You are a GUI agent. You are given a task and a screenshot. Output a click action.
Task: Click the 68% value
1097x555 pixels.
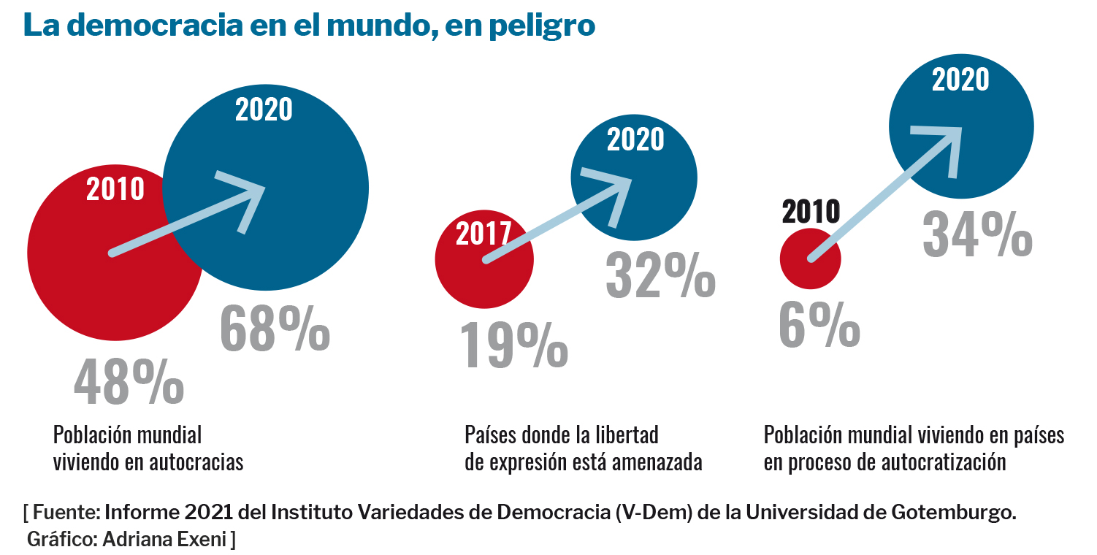coord(275,329)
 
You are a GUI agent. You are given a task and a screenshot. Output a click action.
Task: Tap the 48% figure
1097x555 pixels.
coord(129,383)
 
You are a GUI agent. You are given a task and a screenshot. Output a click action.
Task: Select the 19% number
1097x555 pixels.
coord(513,345)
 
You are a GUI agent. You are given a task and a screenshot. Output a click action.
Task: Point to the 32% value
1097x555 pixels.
coord(660,276)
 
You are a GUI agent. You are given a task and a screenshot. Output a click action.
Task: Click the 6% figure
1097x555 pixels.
coord(819,326)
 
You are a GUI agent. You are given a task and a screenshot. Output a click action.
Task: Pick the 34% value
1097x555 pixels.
coord(977,234)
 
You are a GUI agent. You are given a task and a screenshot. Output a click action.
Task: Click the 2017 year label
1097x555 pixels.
coord(483,234)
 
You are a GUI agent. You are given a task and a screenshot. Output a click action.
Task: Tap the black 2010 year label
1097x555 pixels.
coord(811,212)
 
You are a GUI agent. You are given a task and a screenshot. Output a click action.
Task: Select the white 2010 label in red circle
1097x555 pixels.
coord(115,189)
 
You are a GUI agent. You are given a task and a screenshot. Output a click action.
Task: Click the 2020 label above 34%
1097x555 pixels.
coord(960,80)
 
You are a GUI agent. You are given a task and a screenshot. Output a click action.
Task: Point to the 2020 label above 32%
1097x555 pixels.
coord(635,139)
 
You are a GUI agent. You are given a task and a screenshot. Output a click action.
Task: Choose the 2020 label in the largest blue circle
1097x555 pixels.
coord(264,110)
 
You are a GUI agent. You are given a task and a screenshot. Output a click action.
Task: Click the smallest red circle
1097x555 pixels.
coord(810,259)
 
